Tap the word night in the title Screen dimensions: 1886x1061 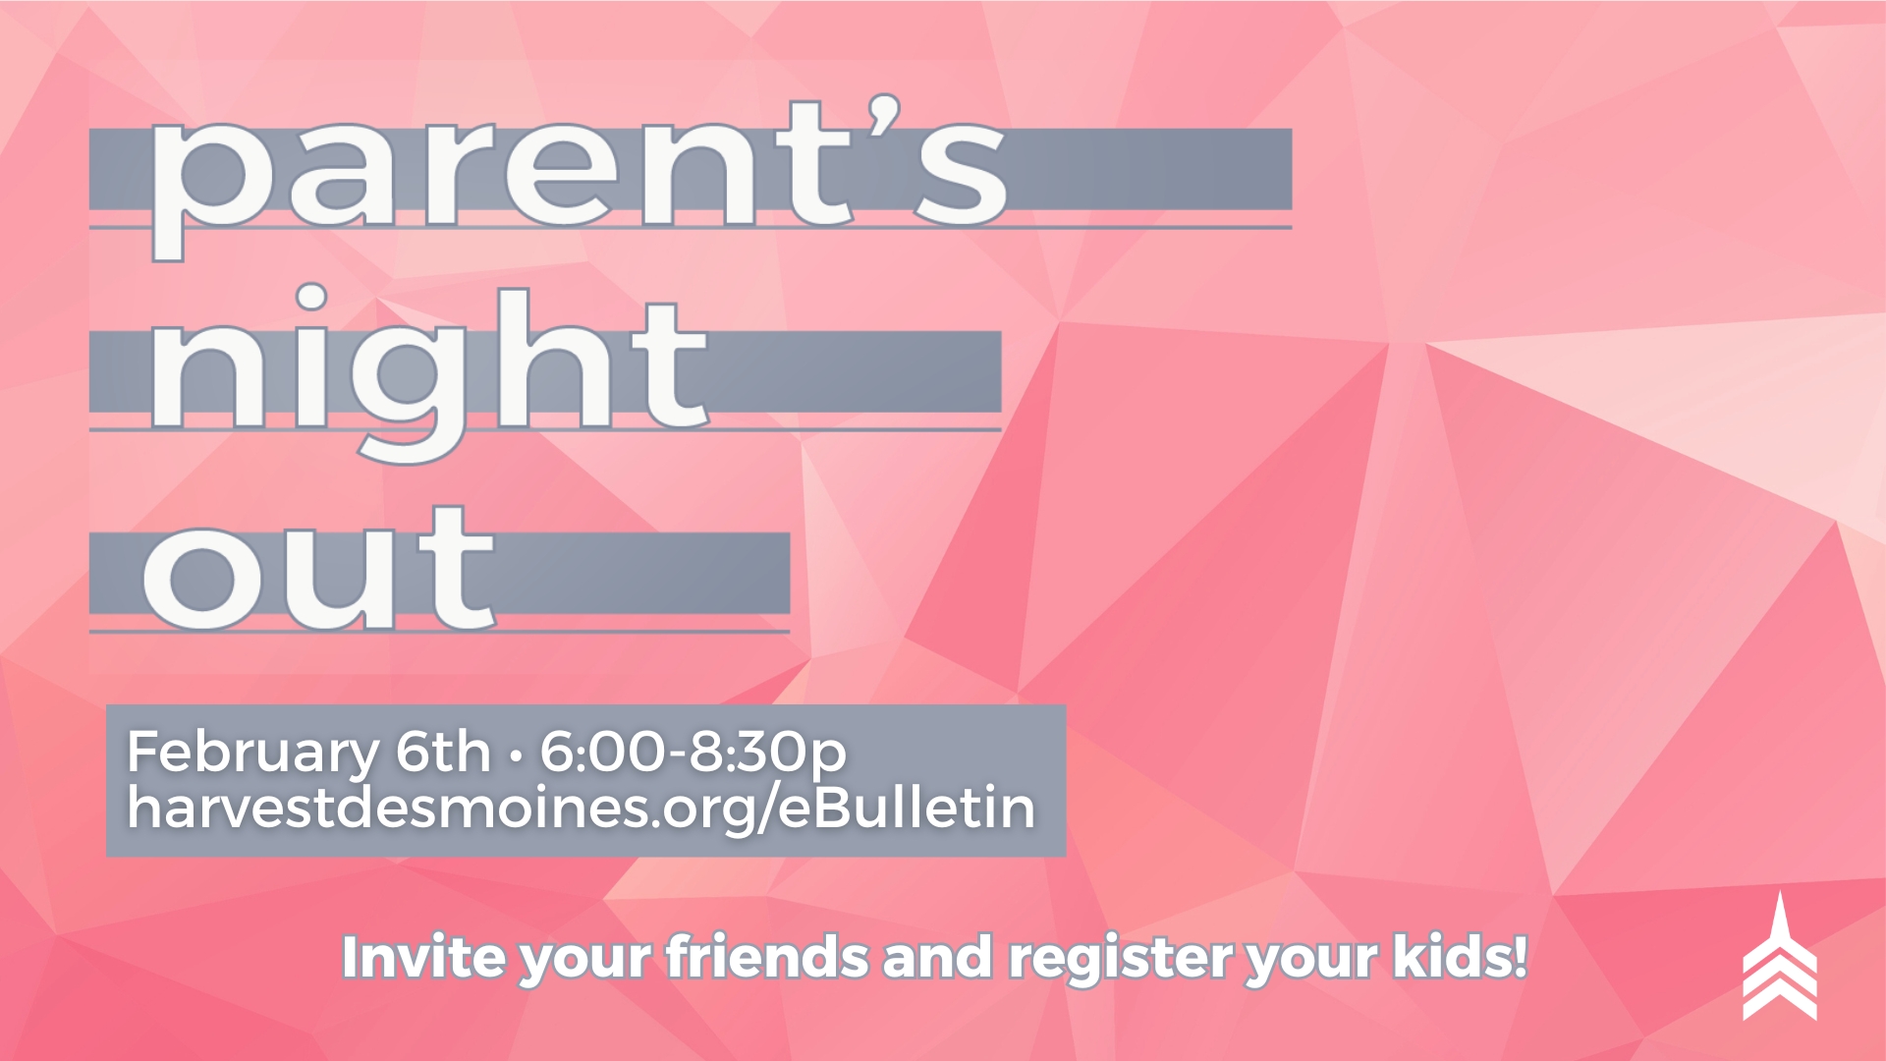pyautogui.click(x=428, y=374)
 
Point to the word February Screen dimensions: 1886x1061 pyautogui.click(x=252, y=753)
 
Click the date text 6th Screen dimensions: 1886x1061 pyautogui.click(x=442, y=752)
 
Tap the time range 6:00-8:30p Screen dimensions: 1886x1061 pyautogui.click(x=693, y=753)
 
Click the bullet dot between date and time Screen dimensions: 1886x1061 pyautogui.click(x=515, y=756)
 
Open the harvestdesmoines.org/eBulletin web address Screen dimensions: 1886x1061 pyautogui.click(x=582, y=808)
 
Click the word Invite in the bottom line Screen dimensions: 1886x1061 pyautogui.click(x=423, y=957)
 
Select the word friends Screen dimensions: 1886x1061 pyautogui.click(x=768, y=957)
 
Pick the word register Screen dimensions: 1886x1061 pyautogui.click(x=1120, y=959)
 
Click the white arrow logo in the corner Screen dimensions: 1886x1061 pyautogui.click(x=1780, y=957)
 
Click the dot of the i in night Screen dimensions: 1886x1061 pyautogui.click(x=311, y=299)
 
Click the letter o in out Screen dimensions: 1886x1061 pyautogui.click(x=201, y=579)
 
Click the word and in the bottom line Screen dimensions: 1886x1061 pyautogui.click(x=938, y=957)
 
